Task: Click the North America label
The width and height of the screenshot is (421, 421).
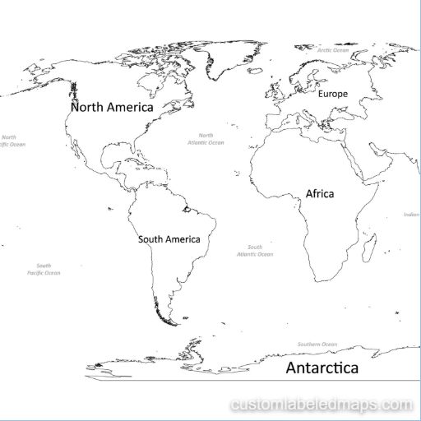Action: pos(112,107)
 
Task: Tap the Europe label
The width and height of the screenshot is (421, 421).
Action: pos(333,94)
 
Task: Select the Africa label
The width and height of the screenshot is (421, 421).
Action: pos(320,194)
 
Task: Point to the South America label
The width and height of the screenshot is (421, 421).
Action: pos(169,239)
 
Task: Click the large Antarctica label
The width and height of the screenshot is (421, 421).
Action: pos(322,368)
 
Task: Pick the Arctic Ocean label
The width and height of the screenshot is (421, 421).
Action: pos(334,50)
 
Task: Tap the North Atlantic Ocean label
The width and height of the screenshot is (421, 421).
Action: pos(206,139)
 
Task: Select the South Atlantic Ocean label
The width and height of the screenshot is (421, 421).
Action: pos(255,251)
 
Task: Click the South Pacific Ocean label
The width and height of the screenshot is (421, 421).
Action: pos(44,269)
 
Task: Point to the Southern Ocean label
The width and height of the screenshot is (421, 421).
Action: pos(317,344)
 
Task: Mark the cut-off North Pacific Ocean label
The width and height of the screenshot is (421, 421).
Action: pos(12,141)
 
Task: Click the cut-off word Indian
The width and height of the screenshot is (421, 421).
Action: pos(411,215)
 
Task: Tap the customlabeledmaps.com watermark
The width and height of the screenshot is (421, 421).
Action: pos(322,405)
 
